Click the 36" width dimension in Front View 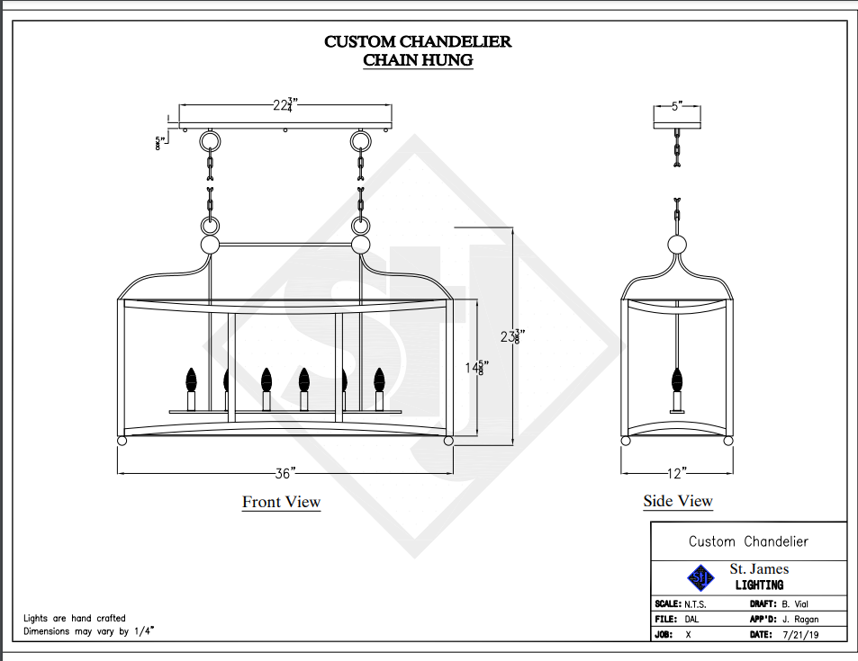pyautogui.click(x=286, y=472)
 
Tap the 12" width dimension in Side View pyautogui.click(x=678, y=472)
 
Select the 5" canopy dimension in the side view pyautogui.click(x=676, y=106)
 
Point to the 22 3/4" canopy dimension pyautogui.click(x=285, y=105)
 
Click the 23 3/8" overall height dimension pyautogui.click(x=512, y=337)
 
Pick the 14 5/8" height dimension pyautogui.click(x=475, y=369)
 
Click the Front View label pyautogui.click(x=281, y=502)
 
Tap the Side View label pyautogui.click(x=678, y=501)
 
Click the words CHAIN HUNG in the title pyautogui.click(x=418, y=60)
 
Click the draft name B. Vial pyautogui.click(x=800, y=603)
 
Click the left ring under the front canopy pyautogui.click(x=211, y=142)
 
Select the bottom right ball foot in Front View pyautogui.click(x=447, y=442)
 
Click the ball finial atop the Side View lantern pyautogui.click(x=678, y=246)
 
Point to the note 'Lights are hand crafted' pyautogui.click(x=75, y=619)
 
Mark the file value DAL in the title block pyautogui.click(x=692, y=620)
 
